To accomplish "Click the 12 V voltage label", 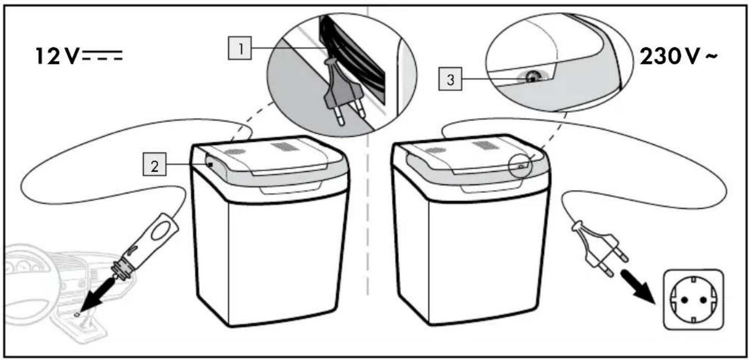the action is pyautogui.click(x=79, y=56).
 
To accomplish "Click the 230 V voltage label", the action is pyautogui.click(x=678, y=56).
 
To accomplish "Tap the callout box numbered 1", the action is pyautogui.click(x=239, y=48).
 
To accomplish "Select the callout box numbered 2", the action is pyautogui.click(x=154, y=164).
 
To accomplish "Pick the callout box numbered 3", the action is pyautogui.click(x=450, y=79).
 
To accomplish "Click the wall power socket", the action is pyautogui.click(x=693, y=299).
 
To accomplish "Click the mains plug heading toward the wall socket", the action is pyautogui.click(x=600, y=248).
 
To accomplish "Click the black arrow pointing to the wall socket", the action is pyautogui.click(x=636, y=287).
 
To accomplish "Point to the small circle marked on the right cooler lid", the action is pyautogui.click(x=520, y=165).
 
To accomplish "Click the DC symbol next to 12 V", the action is pyautogui.click(x=102, y=55).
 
